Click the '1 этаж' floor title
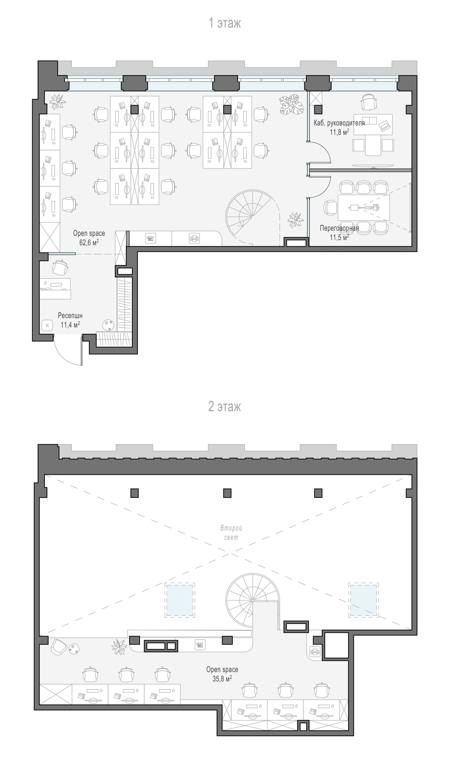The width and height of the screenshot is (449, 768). coord(224,23)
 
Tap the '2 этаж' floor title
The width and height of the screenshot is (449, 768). coord(224,406)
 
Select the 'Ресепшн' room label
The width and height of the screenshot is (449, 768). coord(70,315)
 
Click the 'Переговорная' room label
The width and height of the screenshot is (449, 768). coord(339,228)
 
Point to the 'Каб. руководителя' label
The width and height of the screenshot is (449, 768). coord(339,123)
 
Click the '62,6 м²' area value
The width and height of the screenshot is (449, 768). coord(89,242)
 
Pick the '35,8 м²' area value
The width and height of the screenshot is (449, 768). coord(222,678)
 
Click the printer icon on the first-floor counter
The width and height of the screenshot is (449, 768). coord(194,238)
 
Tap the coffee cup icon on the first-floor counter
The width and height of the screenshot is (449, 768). coord(150,238)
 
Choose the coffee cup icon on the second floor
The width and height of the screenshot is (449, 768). coord(200,645)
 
